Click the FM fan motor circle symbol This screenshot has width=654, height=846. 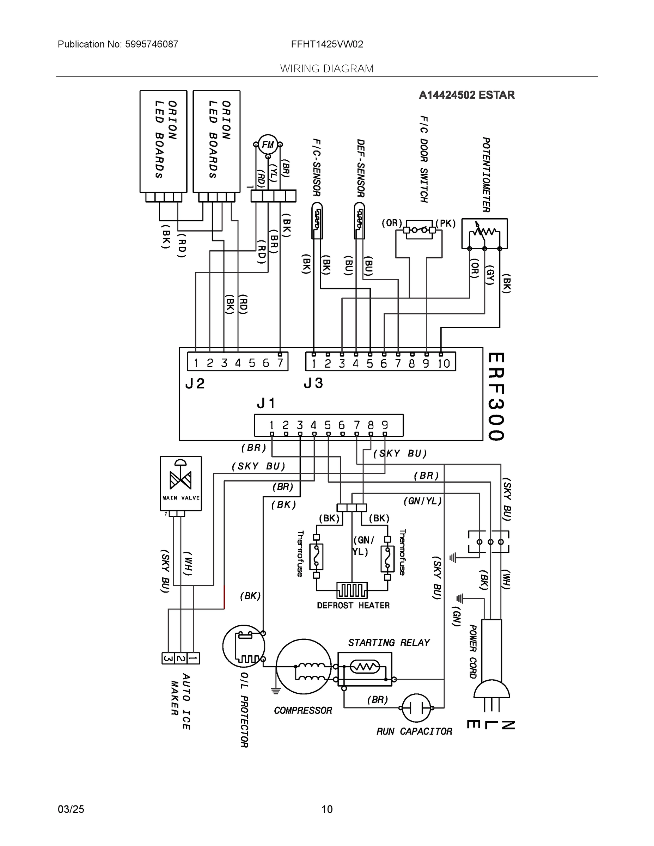tap(268, 145)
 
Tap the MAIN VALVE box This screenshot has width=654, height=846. tap(181, 483)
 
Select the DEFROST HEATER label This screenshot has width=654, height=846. tap(353, 605)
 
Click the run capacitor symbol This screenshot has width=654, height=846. tap(416, 708)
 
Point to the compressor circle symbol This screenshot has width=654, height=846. tap(304, 667)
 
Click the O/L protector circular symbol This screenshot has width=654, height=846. tap(244, 646)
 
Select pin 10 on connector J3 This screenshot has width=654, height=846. tap(443, 363)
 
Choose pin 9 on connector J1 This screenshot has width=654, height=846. tap(385, 425)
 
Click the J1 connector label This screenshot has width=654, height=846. tap(266, 403)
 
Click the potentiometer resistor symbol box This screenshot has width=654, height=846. tap(484, 233)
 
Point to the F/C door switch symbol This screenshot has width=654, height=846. tap(419, 231)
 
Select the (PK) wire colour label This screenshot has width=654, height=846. tap(445, 223)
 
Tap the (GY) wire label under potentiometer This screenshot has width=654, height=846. tap(490, 275)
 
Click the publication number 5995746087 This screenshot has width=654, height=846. tap(151, 44)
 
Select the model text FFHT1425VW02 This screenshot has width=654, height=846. tap(327, 44)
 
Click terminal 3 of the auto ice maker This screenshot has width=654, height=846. tap(168, 658)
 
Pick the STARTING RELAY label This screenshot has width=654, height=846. tap(389, 643)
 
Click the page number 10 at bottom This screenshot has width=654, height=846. tap(327, 809)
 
